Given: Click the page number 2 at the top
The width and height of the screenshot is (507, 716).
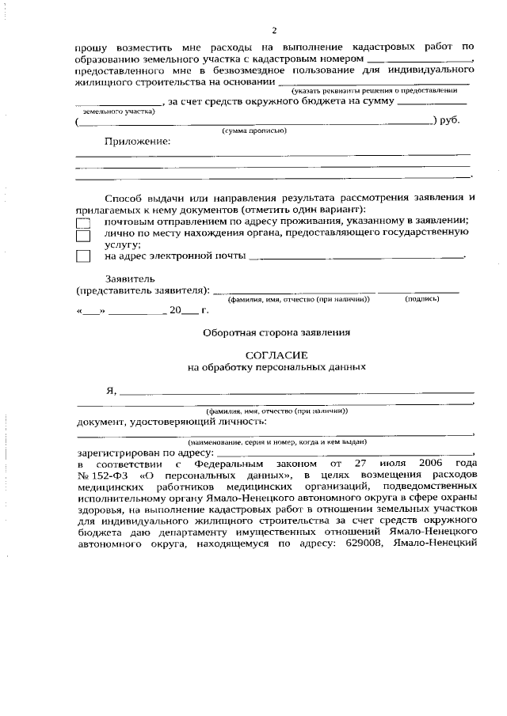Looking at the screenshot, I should point(274,31).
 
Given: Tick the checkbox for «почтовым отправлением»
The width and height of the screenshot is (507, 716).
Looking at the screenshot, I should point(83,223).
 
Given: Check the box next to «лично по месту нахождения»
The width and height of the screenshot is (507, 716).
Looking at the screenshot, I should point(83,236).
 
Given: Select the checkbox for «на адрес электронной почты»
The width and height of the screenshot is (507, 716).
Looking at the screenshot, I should point(83,256).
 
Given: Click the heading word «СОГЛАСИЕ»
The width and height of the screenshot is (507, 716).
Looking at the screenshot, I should point(276,355).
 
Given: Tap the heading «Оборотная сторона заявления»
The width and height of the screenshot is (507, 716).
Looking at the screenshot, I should point(276,332).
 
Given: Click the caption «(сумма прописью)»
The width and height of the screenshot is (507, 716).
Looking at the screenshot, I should point(254,130).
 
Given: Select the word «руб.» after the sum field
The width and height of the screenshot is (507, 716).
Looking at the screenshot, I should point(450,120).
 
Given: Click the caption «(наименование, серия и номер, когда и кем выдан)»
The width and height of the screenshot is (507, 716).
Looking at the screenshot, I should point(276,441).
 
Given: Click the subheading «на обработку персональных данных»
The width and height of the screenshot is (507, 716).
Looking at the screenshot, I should point(276,367).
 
